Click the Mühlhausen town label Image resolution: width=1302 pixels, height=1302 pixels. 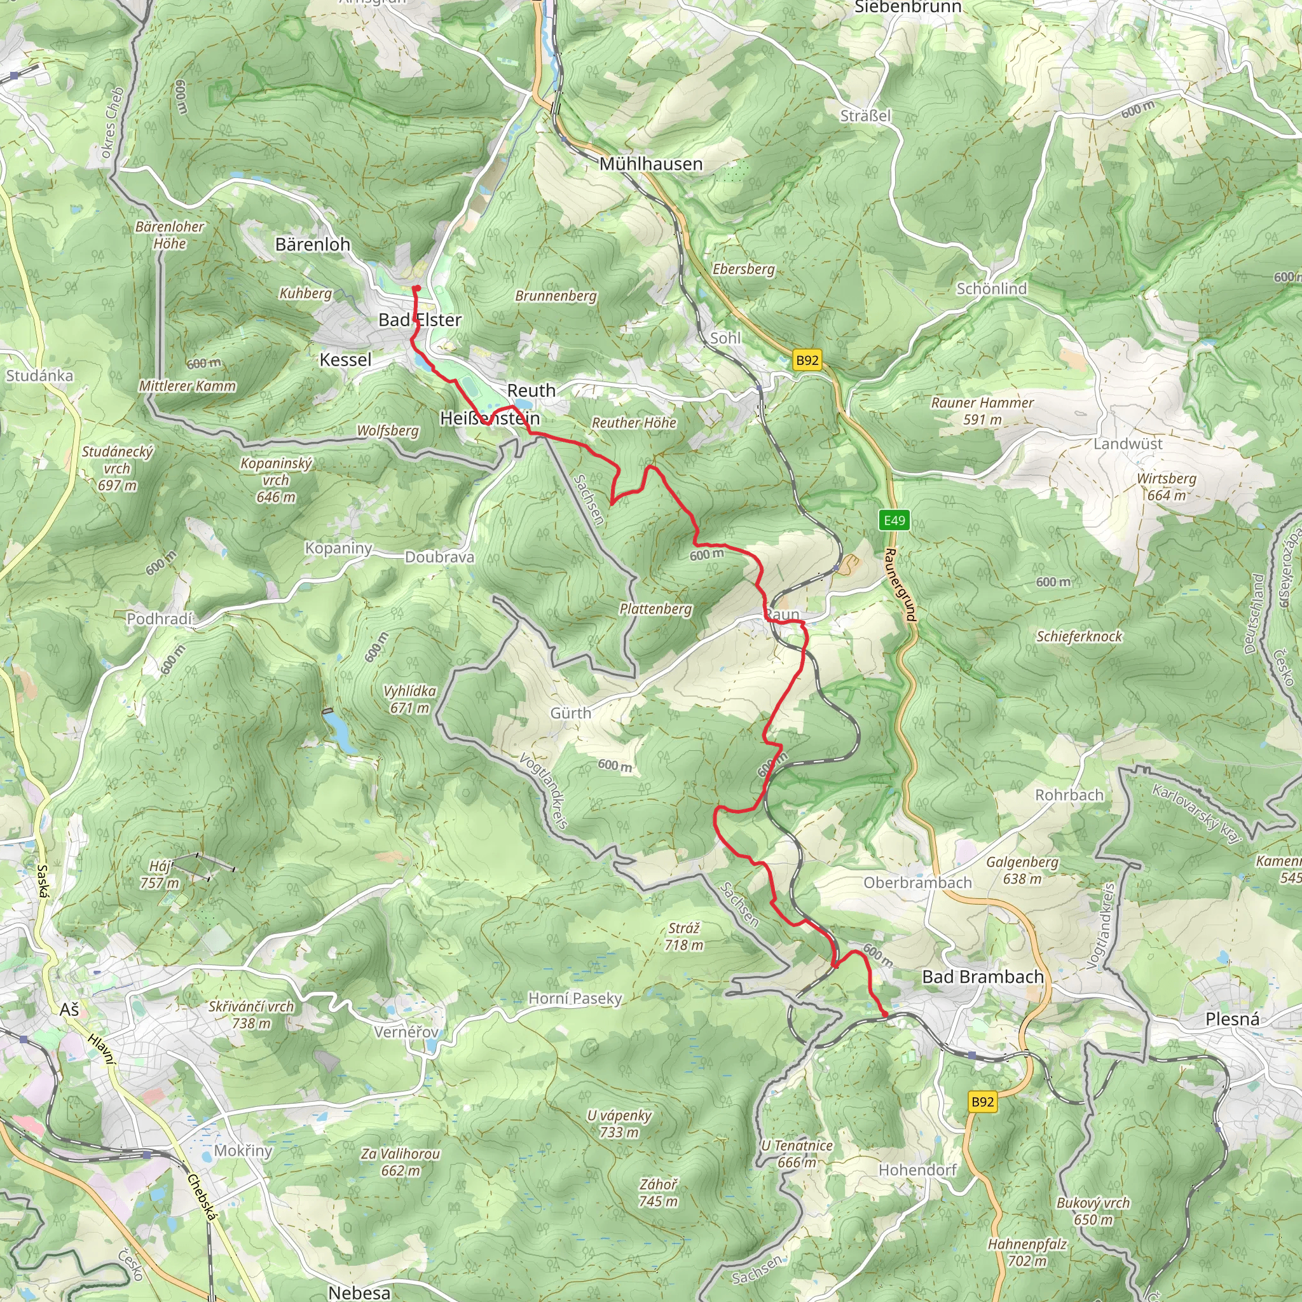pyautogui.click(x=650, y=164)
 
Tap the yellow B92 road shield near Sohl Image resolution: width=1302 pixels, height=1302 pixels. pyautogui.click(x=807, y=360)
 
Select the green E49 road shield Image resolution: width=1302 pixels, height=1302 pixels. pyautogui.click(x=894, y=520)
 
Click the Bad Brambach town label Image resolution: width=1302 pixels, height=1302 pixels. pyautogui.click(x=983, y=976)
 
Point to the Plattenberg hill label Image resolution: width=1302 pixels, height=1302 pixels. pyautogui.click(x=655, y=608)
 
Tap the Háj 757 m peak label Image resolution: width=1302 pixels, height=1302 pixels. pyautogui.click(x=160, y=874)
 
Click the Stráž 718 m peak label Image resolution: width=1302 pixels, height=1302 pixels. pyautogui.click(x=683, y=936)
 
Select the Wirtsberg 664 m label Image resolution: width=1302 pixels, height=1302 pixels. pyautogui.click(x=1166, y=486)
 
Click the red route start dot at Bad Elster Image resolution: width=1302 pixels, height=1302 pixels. pyautogui.click(x=416, y=289)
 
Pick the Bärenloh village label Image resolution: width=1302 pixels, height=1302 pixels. pyautogui.click(x=313, y=244)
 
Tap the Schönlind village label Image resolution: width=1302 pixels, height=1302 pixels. pyautogui.click(x=991, y=289)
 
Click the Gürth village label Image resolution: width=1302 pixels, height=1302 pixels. pyautogui.click(x=571, y=713)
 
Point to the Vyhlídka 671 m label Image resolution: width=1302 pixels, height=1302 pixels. pyautogui.click(x=410, y=699)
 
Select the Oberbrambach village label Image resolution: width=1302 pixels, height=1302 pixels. pyautogui.click(x=917, y=883)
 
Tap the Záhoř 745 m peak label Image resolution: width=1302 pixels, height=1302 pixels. pyautogui.click(x=659, y=1192)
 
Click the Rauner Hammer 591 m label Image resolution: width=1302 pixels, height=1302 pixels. pyautogui.click(x=982, y=411)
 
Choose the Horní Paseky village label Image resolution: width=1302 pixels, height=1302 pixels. pyautogui.click(x=575, y=998)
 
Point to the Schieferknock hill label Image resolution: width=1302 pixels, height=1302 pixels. pyautogui.click(x=1079, y=636)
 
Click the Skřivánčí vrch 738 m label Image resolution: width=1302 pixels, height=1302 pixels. pyautogui.click(x=251, y=1014)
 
